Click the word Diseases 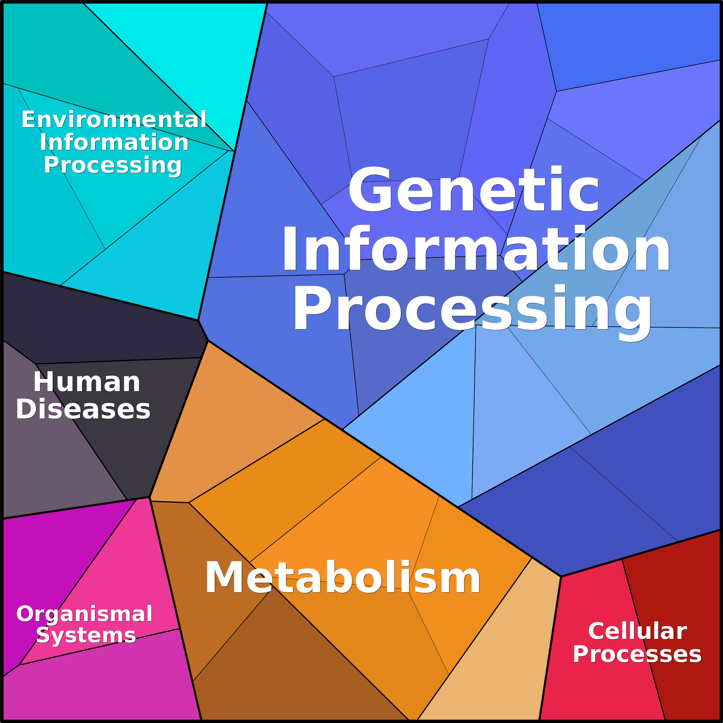point(83,409)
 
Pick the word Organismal point(85,614)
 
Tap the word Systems point(86,636)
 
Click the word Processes point(637,654)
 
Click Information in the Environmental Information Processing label point(114,142)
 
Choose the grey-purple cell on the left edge point(49,449)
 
